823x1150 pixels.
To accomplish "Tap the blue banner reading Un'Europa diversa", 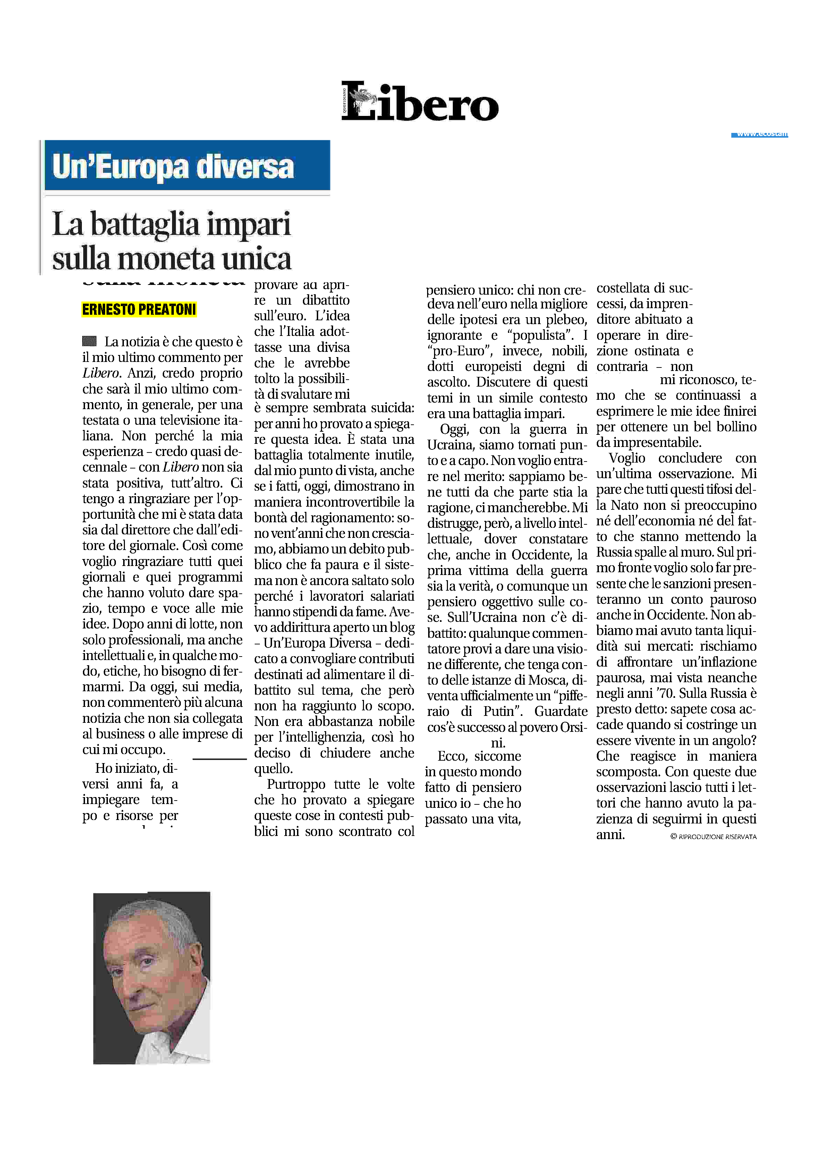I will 187,166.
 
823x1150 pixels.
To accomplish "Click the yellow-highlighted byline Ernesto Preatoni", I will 139,309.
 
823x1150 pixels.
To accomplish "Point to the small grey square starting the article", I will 89,341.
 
